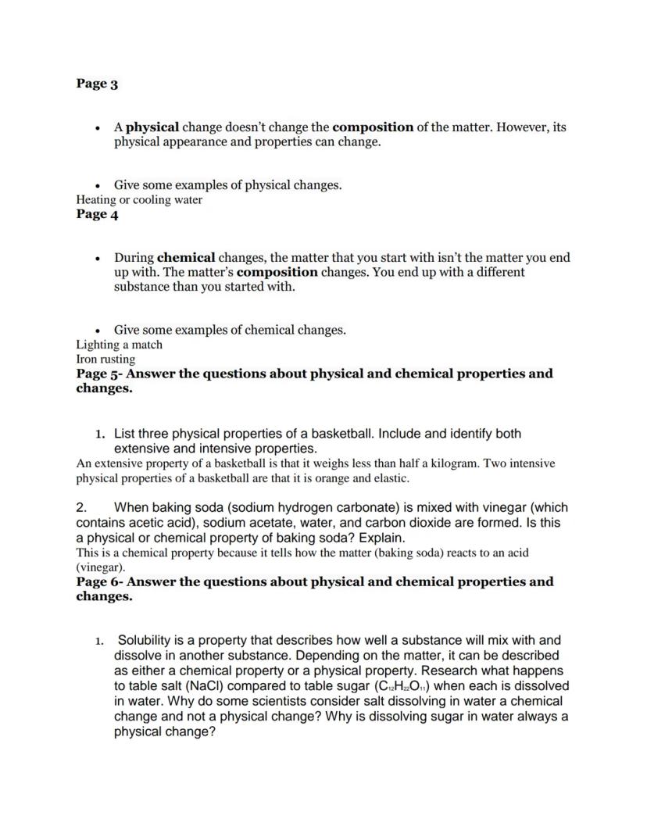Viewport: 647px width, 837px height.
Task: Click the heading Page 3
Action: (x=97, y=84)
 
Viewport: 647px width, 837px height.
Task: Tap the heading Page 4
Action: (x=97, y=214)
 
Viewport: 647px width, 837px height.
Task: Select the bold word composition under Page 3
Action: (x=373, y=127)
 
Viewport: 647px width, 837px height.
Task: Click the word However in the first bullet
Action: (x=522, y=127)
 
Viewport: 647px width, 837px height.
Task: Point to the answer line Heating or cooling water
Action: (x=138, y=199)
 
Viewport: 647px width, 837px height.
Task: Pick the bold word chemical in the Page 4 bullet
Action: (x=186, y=257)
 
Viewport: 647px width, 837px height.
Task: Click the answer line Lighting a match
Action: (x=119, y=345)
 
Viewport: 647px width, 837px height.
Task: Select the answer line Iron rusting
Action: (x=105, y=359)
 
